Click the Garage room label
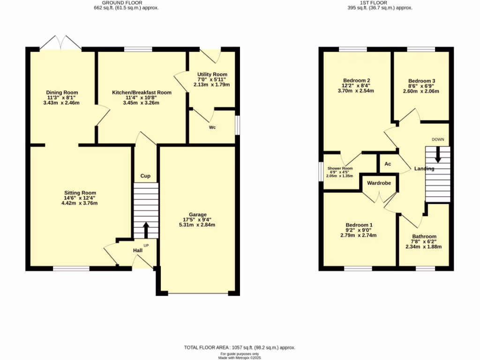[197, 215]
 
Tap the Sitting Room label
[80, 193]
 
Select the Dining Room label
[62, 92]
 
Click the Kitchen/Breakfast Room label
[141, 92]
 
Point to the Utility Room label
[212, 75]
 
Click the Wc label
[212, 127]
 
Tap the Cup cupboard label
[145, 176]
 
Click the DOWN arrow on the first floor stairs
[438, 155]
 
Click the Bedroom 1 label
[359, 224]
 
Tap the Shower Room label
[340, 168]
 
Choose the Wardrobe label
[379, 183]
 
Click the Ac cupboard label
[388, 164]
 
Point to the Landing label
[424, 169]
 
